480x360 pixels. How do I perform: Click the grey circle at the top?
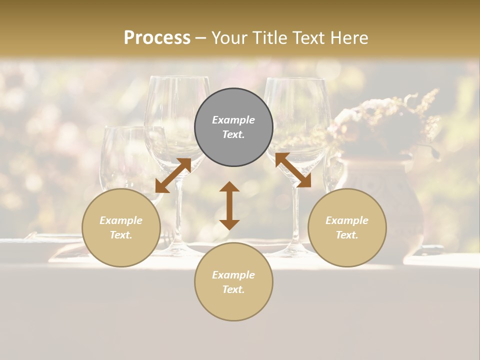click(233, 127)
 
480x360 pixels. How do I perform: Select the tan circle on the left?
click(121, 227)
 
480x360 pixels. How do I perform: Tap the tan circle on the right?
click(347, 227)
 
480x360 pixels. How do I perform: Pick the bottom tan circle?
click(233, 281)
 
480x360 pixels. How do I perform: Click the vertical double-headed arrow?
click(229, 205)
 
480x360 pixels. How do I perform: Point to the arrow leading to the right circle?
click(293, 170)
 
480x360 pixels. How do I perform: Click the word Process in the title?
click(157, 38)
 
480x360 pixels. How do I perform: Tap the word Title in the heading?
click(269, 38)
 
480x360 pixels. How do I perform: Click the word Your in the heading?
click(229, 38)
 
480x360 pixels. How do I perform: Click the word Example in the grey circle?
click(233, 120)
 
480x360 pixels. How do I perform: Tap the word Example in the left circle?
click(121, 220)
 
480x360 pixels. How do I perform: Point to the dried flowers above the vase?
click(390, 120)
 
